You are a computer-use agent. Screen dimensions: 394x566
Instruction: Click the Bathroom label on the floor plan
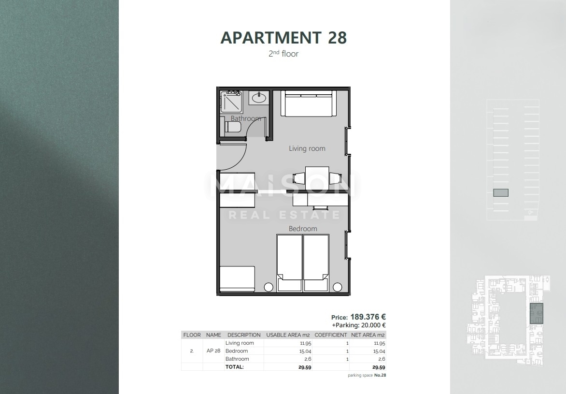tap(246, 118)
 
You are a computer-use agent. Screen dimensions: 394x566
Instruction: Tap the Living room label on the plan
tap(307, 148)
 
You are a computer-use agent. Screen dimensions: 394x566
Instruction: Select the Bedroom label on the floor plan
tap(303, 229)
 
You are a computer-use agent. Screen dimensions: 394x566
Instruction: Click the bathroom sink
tap(259, 98)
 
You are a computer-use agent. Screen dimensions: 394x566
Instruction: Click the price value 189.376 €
tap(368, 317)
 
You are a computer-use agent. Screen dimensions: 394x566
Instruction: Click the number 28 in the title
tap(337, 38)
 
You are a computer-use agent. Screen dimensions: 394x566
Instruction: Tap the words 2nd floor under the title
tap(283, 54)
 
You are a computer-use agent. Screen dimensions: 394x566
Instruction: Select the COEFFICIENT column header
tap(331, 335)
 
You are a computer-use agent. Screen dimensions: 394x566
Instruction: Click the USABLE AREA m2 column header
tap(288, 335)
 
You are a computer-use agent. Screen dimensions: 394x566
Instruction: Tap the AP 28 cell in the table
tap(213, 351)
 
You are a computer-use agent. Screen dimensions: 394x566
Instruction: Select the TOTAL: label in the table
tap(235, 367)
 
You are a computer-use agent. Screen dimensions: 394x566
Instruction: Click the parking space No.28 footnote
tap(367, 375)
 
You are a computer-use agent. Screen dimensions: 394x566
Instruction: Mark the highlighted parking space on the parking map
tap(501, 193)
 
